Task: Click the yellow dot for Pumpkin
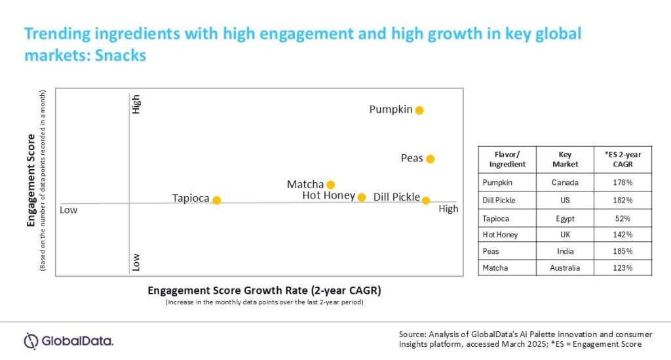pyautogui.click(x=419, y=110)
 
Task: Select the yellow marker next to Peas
pyautogui.click(x=430, y=159)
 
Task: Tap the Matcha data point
pyautogui.click(x=331, y=185)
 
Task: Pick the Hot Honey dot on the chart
pyautogui.click(x=361, y=197)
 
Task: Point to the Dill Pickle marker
pyautogui.click(x=426, y=200)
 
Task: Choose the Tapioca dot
pyautogui.click(x=217, y=200)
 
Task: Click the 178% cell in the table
pyautogui.click(x=623, y=183)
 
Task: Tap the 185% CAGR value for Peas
pyautogui.click(x=623, y=251)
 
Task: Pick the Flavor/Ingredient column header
pyautogui.click(x=507, y=159)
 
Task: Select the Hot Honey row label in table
pyautogui.click(x=499, y=234)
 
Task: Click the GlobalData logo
pyautogui.click(x=68, y=340)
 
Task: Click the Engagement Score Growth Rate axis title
pyautogui.click(x=264, y=290)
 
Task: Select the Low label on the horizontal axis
pyautogui.click(x=69, y=210)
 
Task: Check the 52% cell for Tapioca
pyautogui.click(x=623, y=217)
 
